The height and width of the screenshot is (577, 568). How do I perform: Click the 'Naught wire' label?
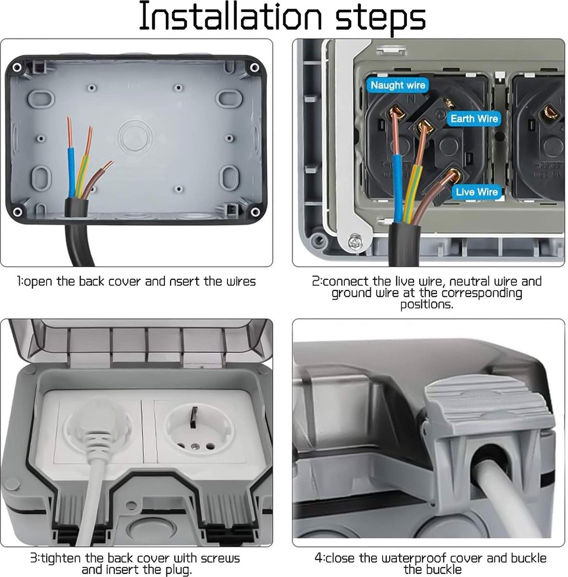[398, 86]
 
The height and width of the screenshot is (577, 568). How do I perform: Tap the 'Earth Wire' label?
[474, 119]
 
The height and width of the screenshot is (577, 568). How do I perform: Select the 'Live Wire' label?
[476, 192]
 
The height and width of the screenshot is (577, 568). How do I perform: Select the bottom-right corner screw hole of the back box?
[252, 212]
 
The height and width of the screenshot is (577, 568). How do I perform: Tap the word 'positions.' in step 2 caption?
[427, 305]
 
